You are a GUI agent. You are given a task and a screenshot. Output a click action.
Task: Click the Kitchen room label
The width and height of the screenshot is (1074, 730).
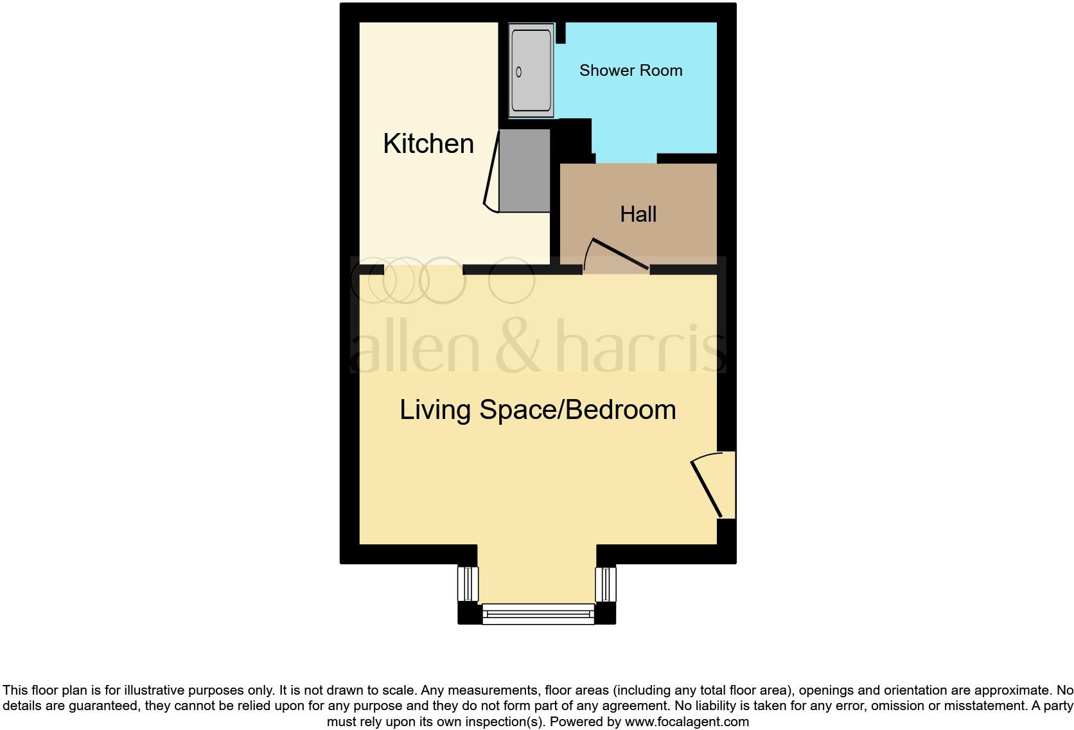pos(428,143)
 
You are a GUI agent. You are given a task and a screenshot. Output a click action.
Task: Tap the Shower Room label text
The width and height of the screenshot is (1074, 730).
pos(630,71)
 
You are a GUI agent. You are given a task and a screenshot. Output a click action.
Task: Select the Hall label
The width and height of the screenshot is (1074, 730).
pos(638,214)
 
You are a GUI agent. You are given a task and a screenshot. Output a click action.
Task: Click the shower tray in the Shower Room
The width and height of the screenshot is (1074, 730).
pos(531,71)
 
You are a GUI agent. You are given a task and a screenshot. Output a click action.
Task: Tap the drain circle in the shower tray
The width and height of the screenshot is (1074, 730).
pos(519,73)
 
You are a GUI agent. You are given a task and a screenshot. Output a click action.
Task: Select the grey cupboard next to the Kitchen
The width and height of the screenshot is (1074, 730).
pos(525,170)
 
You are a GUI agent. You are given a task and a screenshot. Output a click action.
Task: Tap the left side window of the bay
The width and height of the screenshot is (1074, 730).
pos(468,583)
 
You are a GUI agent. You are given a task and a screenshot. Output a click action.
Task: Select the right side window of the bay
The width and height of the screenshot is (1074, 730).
pos(606,583)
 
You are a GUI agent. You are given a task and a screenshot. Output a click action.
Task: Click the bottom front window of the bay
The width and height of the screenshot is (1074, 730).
pos(538,614)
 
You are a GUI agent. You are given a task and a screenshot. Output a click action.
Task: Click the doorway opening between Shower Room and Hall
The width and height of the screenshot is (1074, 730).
pos(626,158)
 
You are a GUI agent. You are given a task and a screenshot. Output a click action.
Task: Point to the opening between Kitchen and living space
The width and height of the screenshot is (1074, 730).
pos(424,270)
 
